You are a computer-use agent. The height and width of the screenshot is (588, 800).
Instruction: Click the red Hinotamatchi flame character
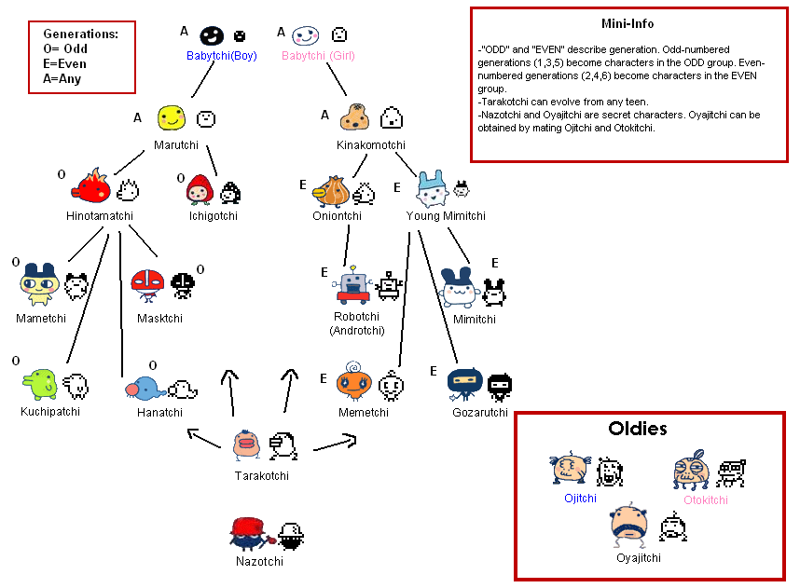tap(90, 185)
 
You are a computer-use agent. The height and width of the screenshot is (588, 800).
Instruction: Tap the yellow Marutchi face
tap(171, 117)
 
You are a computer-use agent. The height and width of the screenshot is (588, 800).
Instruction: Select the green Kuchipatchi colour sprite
tap(40, 384)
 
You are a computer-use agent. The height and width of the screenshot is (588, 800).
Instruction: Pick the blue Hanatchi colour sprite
tap(145, 389)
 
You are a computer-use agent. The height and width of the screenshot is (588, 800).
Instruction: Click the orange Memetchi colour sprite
tap(353, 381)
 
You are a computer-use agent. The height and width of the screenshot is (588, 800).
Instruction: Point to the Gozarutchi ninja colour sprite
tap(464, 384)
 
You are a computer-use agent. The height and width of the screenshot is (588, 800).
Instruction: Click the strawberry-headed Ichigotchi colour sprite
tap(200, 189)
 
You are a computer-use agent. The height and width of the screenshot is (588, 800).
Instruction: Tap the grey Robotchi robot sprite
tap(352, 284)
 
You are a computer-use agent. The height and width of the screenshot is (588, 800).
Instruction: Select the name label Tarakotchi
tap(262, 476)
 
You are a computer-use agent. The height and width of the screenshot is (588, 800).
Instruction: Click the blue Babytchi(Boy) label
tap(221, 56)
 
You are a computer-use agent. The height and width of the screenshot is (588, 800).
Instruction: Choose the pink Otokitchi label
tap(706, 499)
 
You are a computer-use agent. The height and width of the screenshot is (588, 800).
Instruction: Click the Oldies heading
tap(638, 429)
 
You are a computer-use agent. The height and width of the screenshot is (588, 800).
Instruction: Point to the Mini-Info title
tap(628, 23)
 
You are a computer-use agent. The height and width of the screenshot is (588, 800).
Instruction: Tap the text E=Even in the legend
tap(64, 63)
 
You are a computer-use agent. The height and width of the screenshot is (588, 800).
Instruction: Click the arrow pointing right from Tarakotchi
tap(335, 443)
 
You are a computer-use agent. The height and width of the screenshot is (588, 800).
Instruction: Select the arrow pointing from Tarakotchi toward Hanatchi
tap(204, 438)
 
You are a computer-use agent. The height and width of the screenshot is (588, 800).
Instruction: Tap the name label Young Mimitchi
tap(446, 215)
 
